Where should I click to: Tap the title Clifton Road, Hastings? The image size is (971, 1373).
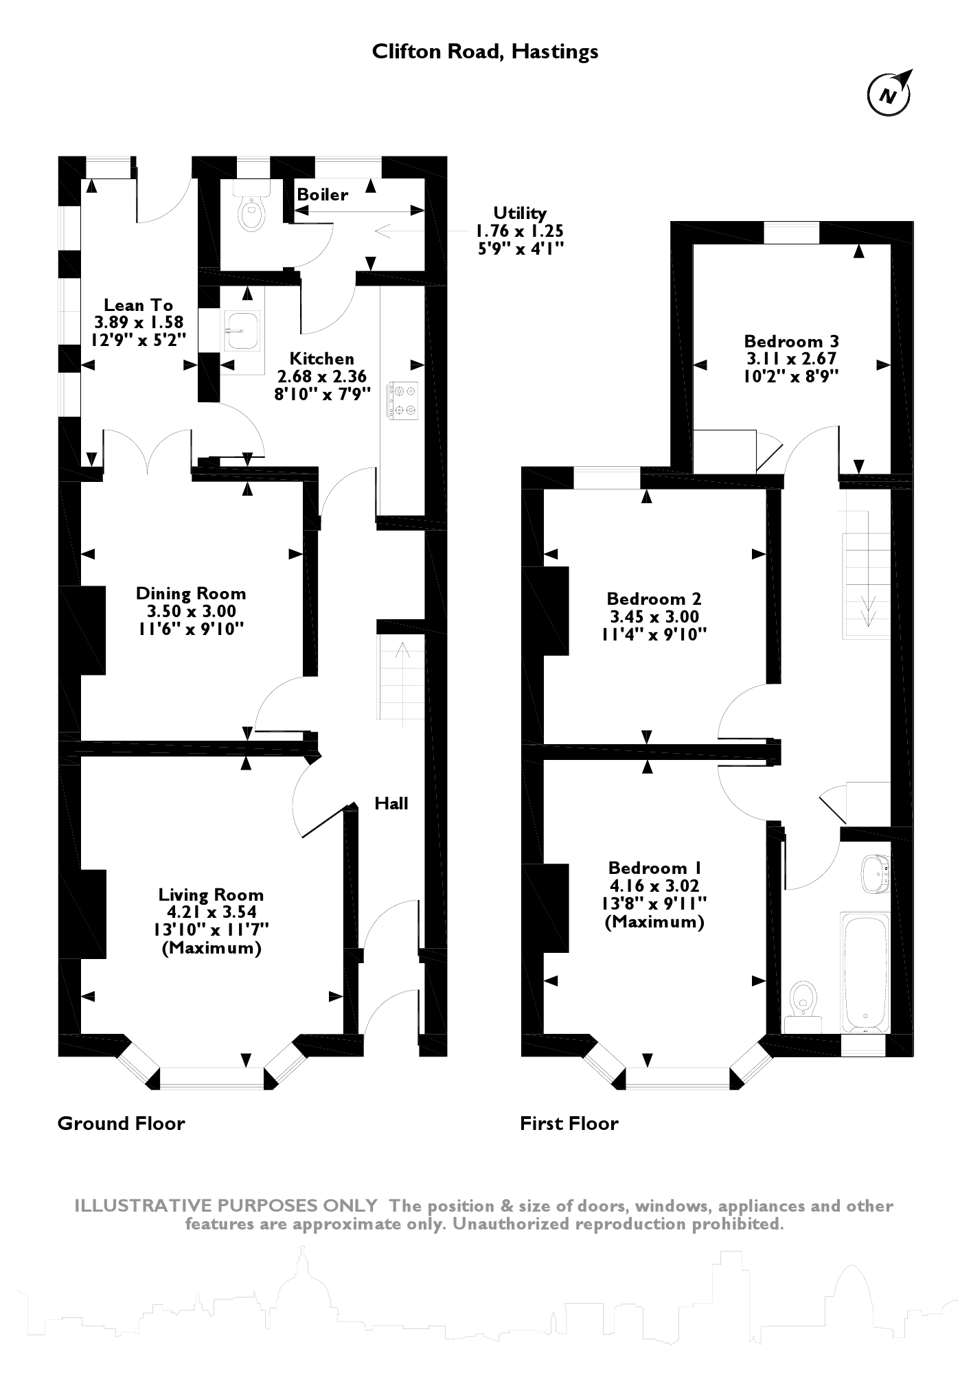pyautogui.click(x=485, y=52)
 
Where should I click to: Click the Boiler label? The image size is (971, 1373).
pyautogui.click(x=322, y=195)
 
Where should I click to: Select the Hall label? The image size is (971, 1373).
pyautogui.click(x=391, y=803)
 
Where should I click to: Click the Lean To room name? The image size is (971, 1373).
pyautogui.click(x=138, y=305)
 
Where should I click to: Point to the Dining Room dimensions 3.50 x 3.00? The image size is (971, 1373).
pyautogui.click(x=191, y=611)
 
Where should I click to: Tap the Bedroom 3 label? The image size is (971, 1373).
pyautogui.click(x=792, y=341)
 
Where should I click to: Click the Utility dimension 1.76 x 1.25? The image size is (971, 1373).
pyautogui.click(x=520, y=231)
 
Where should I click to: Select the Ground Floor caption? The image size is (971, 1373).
pyautogui.click(x=121, y=1124)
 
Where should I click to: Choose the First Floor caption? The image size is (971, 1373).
pyautogui.click(x=569, y=1124)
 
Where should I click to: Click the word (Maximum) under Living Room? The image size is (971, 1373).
pyautogui.click(x=212, y=949)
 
